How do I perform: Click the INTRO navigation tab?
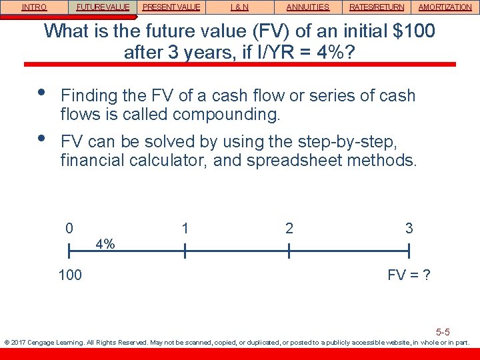[34, 7]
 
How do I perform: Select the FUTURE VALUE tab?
[103, 7]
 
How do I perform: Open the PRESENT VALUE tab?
[172, 7]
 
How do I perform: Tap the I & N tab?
[240, 7]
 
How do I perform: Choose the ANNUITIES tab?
[308, 7]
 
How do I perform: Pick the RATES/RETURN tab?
[377, 7]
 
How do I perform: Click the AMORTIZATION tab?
[445, 7]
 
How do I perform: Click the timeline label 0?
[69, 229]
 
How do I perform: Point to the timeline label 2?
[289, 229]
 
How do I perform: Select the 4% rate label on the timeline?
[105, 244]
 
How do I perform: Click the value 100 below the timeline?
[70, 275]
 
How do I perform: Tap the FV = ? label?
[409, 275]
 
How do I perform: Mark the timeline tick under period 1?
[185, 251]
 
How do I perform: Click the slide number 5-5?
[443, 332]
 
